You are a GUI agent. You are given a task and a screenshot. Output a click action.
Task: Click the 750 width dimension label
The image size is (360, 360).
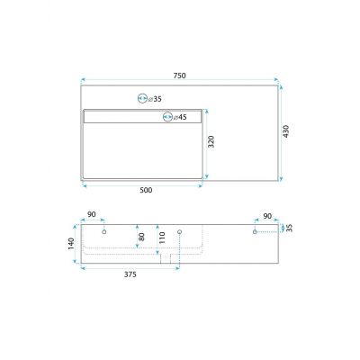(180, 76)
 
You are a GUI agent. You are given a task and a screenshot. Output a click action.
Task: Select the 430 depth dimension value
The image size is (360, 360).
(286, 131)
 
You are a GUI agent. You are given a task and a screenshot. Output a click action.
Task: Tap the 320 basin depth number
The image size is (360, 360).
(211, 141)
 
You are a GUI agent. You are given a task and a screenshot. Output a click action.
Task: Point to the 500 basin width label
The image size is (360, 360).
(146, 190)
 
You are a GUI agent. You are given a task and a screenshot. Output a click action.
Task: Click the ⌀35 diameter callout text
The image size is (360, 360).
(155, 99)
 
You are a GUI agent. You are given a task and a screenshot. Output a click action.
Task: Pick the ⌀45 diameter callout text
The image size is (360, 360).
(180, 117)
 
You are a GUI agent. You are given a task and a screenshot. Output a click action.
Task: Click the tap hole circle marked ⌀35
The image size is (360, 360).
(142, 98)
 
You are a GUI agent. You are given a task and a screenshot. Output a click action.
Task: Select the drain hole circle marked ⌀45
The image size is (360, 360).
(167, 117)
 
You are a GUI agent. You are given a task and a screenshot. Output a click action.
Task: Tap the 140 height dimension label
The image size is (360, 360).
(71, 244)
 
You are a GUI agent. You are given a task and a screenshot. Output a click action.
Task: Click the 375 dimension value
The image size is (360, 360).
(130, 274)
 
